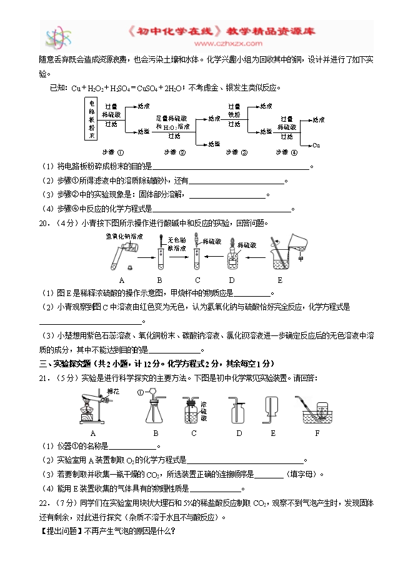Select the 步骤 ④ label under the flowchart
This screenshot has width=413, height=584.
coord(284,152)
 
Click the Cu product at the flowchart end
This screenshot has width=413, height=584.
coord(316,145)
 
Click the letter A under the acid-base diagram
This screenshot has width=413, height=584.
coord(121,280)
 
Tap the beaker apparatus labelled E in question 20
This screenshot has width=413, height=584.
coord(284,253)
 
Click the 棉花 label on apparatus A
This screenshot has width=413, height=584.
coord(113,391)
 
